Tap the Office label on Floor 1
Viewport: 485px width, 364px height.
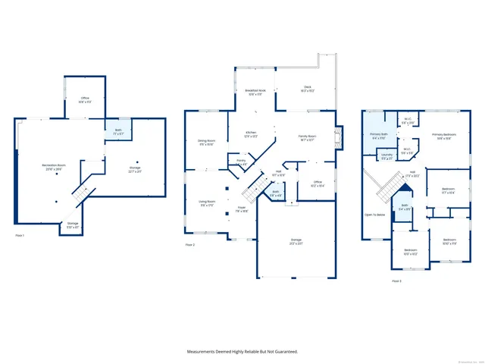(x=85, y=99)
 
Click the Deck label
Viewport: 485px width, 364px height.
(x=308, y=88)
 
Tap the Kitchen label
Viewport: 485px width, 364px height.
(x=251, y=134)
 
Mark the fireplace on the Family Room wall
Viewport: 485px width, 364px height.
(x=339, y=137)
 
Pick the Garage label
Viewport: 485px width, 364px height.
(x=296, y=241)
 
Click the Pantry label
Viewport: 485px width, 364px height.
(x=241, y=162)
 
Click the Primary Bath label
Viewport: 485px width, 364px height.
(x=380, y=136)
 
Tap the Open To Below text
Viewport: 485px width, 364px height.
(x=375, y=215)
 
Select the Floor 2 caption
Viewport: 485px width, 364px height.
(x=190, y=245)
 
